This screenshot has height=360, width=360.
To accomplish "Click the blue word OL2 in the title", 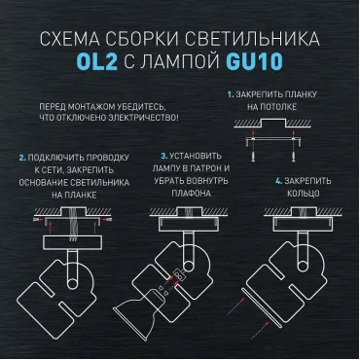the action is (x=97, y=60).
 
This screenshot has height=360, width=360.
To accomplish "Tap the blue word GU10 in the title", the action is (x=255, y=60).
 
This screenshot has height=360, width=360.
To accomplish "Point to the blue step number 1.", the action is (x=231, y=94).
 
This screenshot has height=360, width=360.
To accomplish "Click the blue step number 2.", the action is (x=22, y=158).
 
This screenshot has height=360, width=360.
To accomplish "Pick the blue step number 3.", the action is (x=164, y=156).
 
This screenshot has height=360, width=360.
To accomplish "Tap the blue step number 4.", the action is (x=278, y=181).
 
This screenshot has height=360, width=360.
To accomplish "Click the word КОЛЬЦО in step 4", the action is (x=304, y=194).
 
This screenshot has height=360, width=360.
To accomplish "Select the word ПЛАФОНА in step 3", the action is (x=192, y=194).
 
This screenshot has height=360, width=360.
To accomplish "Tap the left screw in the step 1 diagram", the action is (x=253, y=157).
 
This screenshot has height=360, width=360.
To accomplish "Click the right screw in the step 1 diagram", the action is (x=294, y=157).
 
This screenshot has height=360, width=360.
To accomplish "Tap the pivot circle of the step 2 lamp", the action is (x=73, y=283).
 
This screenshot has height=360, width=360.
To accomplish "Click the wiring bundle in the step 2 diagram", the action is (x=73, y=223).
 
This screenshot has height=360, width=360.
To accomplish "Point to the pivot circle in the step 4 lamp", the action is (x=303, y=267).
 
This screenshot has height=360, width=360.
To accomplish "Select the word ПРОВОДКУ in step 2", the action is (x=108, y=158).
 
